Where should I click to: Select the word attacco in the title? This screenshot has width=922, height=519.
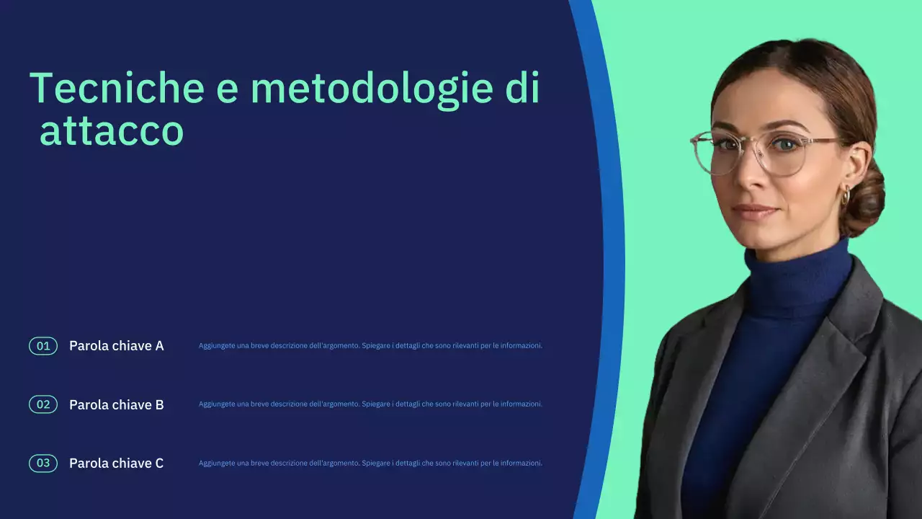[x=112, y=132]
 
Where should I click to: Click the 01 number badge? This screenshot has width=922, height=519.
[x=43, y=346]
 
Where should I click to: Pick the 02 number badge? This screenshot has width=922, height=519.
[x=43, y=404]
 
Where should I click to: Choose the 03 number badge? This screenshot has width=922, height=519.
[x=43, y=463]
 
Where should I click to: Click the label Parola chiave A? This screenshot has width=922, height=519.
[x=116, y=346]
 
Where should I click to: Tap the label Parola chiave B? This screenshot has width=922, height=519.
[x=116, y=404]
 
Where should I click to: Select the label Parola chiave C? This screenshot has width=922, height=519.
[x=116, y=463]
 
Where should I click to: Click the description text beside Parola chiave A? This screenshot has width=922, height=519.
[x=370, y=346]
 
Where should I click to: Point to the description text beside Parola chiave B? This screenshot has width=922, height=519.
[x=370, y=404]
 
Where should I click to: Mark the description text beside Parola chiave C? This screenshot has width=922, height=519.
[x=370, y=463]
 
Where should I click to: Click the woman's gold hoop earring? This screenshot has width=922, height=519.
[x=846, y=195]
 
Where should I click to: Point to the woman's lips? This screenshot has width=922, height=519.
[x=754, y=211]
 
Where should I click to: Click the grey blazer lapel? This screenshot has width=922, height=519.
[x=839, y=360]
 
